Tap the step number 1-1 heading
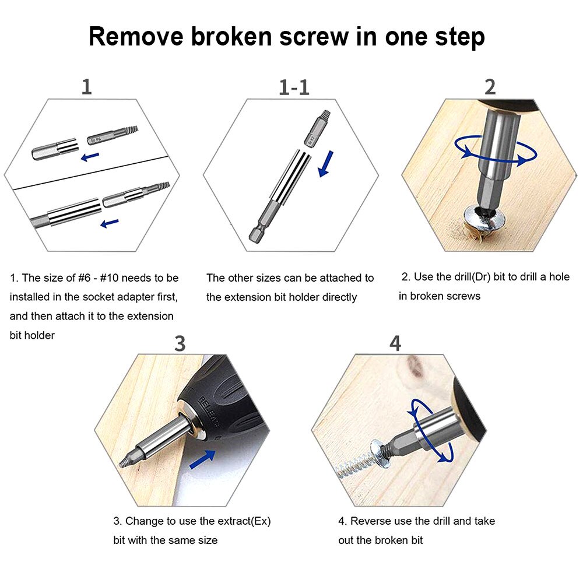tap(294, 87)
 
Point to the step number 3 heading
tap(180, 343)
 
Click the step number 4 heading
tap(395, 343)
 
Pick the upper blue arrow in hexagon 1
tap(90, 156)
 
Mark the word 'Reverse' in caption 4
tap(374, 521)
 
